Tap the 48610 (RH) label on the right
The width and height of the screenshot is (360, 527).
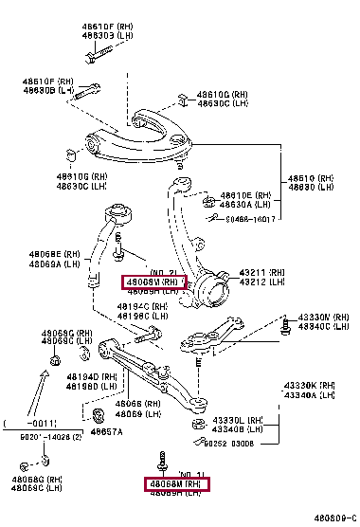[314, 178]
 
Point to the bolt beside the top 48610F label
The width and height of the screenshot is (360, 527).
[89, 58]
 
